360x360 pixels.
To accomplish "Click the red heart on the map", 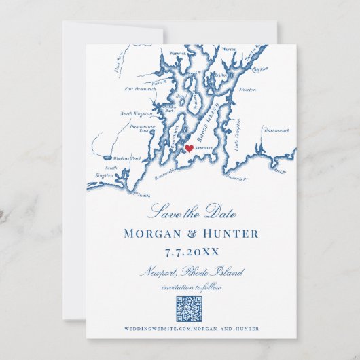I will tap(189, 147).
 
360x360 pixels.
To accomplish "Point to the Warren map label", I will tap(229, 49).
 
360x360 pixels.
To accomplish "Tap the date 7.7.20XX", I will tap(191, 252).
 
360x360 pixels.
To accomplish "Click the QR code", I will tap(191, 310).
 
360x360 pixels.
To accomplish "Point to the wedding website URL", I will tap(191, 330).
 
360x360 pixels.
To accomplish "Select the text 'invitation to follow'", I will tap(191, 287).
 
